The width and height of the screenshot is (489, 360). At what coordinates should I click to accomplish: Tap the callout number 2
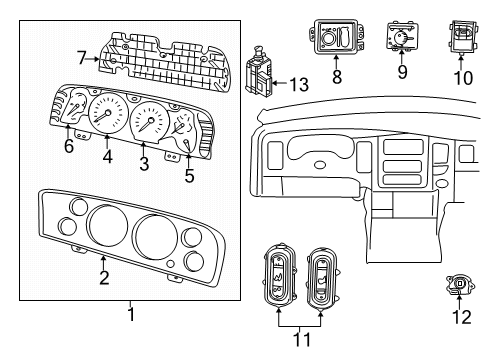click(x=103, y=278)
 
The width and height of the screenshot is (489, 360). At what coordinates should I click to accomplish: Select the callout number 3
click(x=143, y=163)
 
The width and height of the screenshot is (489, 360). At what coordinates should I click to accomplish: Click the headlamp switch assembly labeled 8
click(x=336, y=38)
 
